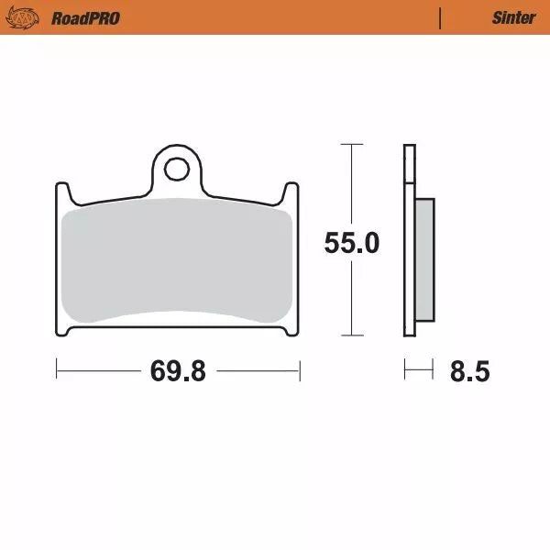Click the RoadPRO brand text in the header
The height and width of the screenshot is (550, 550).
tap(85, 18)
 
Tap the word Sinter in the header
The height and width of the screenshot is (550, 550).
tap(513, 18)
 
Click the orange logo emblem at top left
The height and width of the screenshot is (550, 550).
tap(29, 17)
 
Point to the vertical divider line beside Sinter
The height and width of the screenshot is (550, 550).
tap(441, 18)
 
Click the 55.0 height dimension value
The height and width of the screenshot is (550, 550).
tap(351, 243)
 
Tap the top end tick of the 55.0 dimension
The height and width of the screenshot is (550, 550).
tap(346, 144)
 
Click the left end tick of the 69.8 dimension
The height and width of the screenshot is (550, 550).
tap(57, 371)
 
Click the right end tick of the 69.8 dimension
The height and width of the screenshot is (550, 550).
tap(300, 371)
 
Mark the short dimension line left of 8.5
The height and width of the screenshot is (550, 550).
tap(418, 371)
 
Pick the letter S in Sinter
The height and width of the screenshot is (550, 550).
tap(496, 18)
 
